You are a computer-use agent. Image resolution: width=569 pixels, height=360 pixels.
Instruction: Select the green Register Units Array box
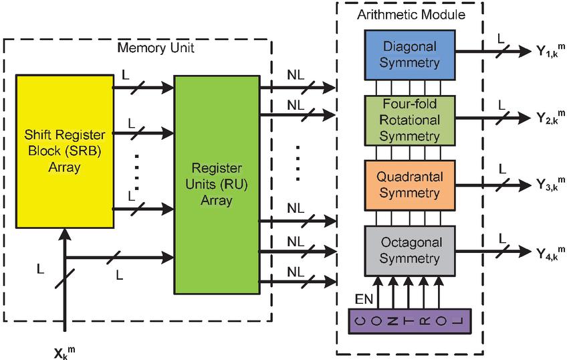coord(216,184)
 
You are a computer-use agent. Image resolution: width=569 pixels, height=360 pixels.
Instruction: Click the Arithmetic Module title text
coord(411,14)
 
